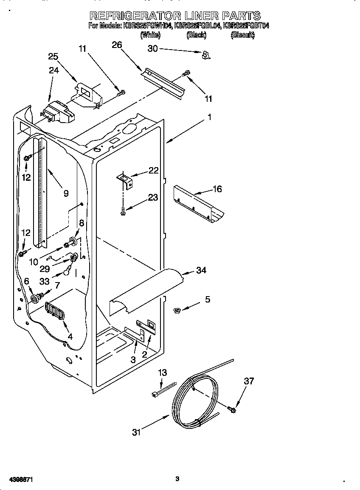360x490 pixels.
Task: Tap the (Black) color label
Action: coord(196,36)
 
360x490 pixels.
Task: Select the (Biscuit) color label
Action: coord(242,36)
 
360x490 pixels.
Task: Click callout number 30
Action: coord(152,49)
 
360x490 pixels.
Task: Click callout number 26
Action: coord(117,44)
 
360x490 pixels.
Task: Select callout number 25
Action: coord(53,56)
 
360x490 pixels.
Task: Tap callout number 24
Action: coord(53,70)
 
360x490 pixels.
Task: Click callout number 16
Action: coord(217,189)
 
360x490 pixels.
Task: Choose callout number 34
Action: coord(201,270)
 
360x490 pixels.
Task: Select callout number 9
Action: coord(66,193)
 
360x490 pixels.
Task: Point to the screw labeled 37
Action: coord(232,409)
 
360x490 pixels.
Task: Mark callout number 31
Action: coord(136,432)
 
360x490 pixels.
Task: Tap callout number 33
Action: coord(44,281)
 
